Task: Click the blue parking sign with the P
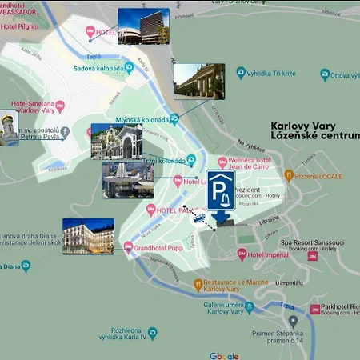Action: tap(221, 188)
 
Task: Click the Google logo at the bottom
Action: tap(224, 355)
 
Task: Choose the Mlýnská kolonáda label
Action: tap(140, 120)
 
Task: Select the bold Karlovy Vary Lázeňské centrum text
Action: tap(315, 132)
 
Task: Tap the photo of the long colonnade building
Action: tap(198, 82)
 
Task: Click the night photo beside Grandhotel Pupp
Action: tap(88, 236)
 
